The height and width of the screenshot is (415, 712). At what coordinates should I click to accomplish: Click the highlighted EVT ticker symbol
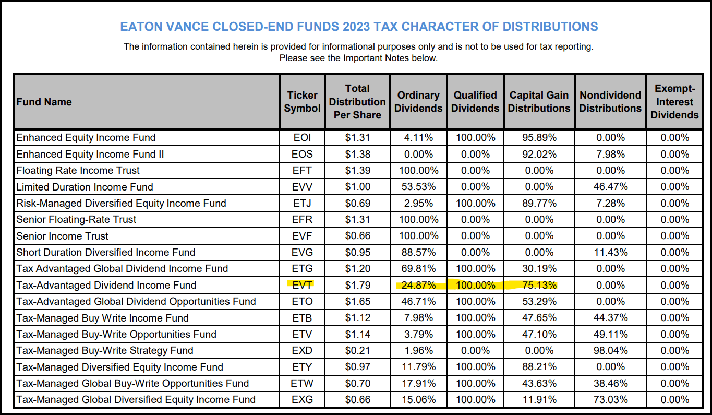[x=302, y=285]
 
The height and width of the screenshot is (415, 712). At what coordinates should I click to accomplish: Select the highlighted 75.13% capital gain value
[x=539, y=285]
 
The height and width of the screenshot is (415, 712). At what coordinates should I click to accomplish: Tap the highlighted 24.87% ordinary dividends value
[x=418, y=285]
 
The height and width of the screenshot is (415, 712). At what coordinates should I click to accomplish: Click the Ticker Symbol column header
[x=302, y=102]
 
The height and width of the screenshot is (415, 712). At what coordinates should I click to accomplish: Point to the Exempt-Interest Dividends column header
[x=674, y=102]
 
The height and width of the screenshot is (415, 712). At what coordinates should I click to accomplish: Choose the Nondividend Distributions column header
[x=610, y=102]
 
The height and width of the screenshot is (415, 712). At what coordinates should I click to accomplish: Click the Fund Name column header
[x=44, y=102]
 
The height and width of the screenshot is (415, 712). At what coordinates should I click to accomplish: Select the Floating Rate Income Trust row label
[x=78, y=171]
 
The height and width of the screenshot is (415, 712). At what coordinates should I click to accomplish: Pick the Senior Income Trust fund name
[x=63, y=236]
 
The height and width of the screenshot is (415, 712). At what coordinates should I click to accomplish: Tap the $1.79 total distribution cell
[x=357, y=285]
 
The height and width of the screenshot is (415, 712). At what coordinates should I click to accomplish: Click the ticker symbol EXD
[x=302, y=350]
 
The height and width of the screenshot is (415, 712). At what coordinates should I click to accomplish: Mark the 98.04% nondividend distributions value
[x=610, y=350]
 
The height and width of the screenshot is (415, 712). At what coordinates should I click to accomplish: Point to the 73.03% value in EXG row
[x=610, y=399]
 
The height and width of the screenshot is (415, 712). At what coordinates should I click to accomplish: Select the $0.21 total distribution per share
[x=357, y=350]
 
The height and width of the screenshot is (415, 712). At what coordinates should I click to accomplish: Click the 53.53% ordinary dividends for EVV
[x=418, y=187]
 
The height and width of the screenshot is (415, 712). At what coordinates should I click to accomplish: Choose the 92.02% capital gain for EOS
[x=539, y=154]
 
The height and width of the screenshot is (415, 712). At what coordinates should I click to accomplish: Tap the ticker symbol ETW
[x=302, y=383]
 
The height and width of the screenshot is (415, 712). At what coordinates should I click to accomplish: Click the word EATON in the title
[x=140, y=27]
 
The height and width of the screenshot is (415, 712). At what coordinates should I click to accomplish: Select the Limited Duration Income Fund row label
[x=85, y=187]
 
